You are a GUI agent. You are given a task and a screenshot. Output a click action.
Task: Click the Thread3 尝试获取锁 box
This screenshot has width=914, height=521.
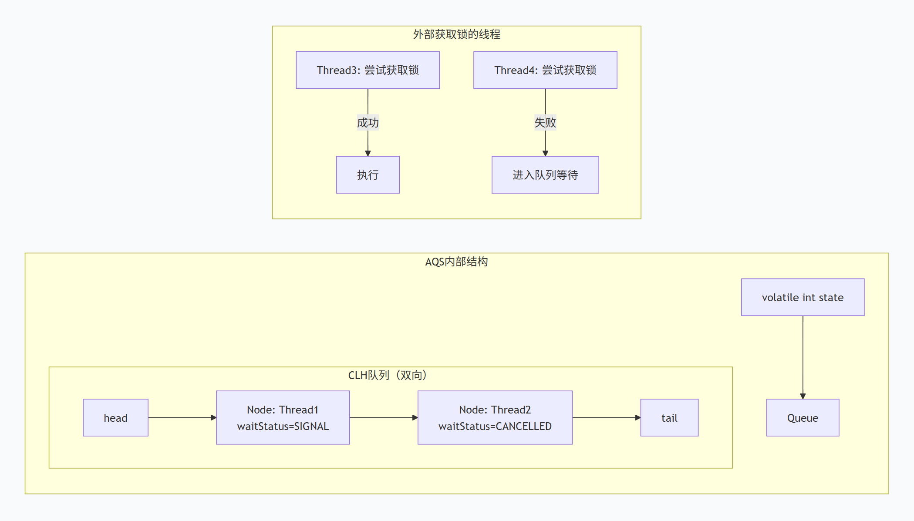(x=368, y=70)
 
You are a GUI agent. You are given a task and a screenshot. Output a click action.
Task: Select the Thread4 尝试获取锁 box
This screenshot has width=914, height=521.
(x=545, y=70)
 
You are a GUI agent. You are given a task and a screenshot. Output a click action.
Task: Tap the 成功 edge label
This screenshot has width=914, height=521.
(x=368, y=123)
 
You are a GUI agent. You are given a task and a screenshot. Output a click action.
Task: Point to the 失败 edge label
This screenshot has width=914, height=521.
(x=545, y=123)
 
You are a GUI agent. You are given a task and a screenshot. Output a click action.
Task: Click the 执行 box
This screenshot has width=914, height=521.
(x=368, y=175)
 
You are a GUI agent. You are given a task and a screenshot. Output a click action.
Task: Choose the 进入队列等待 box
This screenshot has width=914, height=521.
(x=545, y=175)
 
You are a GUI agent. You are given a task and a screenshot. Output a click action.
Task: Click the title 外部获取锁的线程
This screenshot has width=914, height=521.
(x=457, y=34)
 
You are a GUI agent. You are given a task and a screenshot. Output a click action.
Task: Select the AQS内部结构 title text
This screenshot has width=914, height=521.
(x=457, y=262)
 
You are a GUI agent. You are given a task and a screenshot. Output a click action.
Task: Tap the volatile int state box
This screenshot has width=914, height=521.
(x=803, y=297)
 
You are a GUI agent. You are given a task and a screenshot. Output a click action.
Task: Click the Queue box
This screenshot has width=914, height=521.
(x=803, y=418)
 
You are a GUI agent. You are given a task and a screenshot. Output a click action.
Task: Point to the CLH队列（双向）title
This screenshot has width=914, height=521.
(x=388, y=375)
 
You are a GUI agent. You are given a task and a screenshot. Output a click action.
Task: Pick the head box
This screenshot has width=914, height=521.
(x=116, y=418)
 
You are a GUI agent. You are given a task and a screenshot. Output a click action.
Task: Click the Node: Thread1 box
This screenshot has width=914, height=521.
(x=283, y=418)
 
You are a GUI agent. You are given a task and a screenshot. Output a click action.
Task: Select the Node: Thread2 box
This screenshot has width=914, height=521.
(x=495, y=418)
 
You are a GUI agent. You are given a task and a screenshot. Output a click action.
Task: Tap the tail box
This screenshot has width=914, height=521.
(x=669, y=418)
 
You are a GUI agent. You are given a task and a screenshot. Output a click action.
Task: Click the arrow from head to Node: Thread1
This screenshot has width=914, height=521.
(x=182, y=418)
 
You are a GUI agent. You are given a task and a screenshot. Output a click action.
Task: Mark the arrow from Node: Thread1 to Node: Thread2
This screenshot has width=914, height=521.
(x=384, y=418)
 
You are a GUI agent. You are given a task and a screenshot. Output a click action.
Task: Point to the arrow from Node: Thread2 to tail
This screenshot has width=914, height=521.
(x=607, y=418)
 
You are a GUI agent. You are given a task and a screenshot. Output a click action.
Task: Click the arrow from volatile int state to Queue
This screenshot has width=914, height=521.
(x=803, y=357)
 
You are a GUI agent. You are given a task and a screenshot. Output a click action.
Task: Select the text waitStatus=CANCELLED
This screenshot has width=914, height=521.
(x=495, y=427)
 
